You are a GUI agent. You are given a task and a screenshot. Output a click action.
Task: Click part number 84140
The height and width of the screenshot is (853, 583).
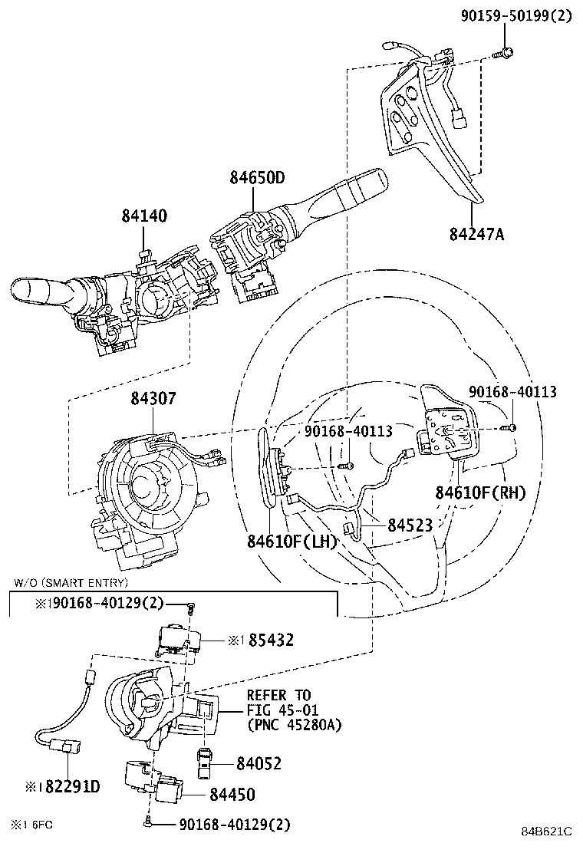(144, 216)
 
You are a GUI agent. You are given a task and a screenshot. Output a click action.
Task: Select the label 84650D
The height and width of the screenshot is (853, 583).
(257, 178)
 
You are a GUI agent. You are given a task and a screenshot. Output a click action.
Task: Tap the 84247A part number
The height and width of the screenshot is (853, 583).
(477, 234)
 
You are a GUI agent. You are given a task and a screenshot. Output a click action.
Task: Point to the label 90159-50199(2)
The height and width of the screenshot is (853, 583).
(517, 16)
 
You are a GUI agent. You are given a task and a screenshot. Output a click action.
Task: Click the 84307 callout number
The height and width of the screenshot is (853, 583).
(153, 398)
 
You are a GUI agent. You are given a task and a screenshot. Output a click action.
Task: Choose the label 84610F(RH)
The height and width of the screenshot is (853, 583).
(481, 493)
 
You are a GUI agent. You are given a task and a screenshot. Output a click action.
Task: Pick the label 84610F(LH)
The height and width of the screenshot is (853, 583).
(292, 542)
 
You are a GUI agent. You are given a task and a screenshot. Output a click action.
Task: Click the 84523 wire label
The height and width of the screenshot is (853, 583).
(410, 525)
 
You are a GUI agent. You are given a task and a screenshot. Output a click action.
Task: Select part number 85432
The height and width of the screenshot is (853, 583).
(271, 641)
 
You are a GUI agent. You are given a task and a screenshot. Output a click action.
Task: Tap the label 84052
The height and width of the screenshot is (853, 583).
(259, 764)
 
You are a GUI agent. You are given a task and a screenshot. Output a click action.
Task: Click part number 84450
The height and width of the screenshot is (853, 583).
(232, 795)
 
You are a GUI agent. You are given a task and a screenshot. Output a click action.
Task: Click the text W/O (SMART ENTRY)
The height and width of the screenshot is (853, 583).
(71, 583)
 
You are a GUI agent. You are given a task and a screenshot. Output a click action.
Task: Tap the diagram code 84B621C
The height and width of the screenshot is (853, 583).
(546, 832)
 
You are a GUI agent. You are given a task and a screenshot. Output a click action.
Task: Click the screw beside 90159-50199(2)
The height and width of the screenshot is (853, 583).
(503, 54)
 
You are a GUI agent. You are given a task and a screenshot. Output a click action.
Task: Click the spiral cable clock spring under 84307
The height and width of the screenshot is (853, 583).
(150, 495)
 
